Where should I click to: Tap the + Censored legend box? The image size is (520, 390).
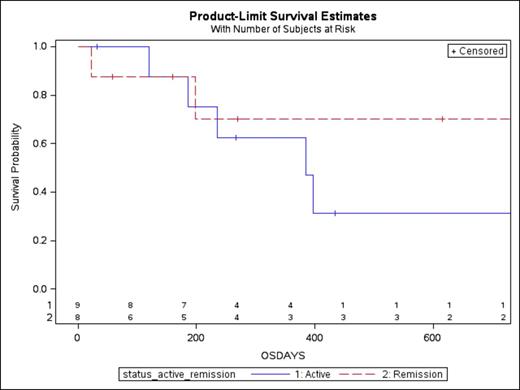pyautogui.click(x=475, y=50)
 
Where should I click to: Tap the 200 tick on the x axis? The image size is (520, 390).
pyautogui.click(x=195, y=337)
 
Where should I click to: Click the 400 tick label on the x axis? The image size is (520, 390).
pyautogui.click(x=314, y=337)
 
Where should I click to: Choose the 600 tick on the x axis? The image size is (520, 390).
pyautogui.click(x=432, y=337)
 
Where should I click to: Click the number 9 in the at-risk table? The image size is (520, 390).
pyautogui.click(x=77, y=305)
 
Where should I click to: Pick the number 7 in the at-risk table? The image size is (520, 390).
pyautogui.click(x=183, y=305)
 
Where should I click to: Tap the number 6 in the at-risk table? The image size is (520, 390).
pyautogui.click(x=130, y=317)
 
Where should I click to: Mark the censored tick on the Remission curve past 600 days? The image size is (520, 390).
pyautogui.click(x=441, y=119)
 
